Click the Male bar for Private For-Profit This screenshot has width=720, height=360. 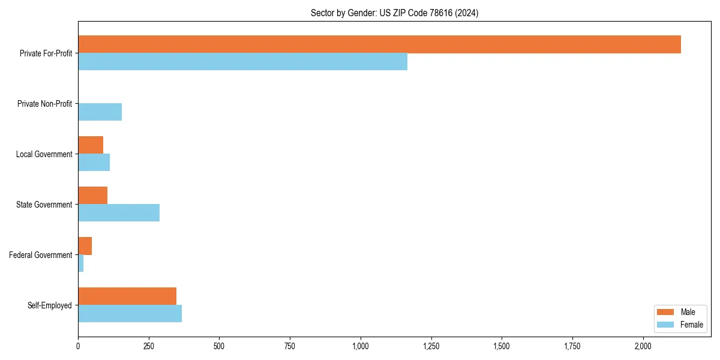click(x=379, y=44)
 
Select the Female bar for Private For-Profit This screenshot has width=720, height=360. click(x=242, y=62)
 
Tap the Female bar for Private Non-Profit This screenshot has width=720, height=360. click(x=100, y=112)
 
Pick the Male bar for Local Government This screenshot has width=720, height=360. click(x=91, y=145)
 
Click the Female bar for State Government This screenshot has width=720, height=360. click(x=119, y=213)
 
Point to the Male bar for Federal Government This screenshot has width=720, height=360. click(x=85, y=246)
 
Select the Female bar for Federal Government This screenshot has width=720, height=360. click(x=80, y=263)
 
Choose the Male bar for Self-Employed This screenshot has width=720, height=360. click(x=127, y=296)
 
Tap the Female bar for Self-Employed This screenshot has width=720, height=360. click(x=130, y=314)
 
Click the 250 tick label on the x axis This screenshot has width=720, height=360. click(x=149, y=346)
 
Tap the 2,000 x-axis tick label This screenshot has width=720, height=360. click(x=643, y=346)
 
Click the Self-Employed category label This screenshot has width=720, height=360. click(x=49, y=305)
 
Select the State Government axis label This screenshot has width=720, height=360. click(x=44, y=205)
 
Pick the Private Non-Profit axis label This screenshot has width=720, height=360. click(x=44, y=104)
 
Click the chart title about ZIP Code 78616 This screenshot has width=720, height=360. click(x=394, y=13)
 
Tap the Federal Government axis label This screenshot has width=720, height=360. click(x=40, y=255)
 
